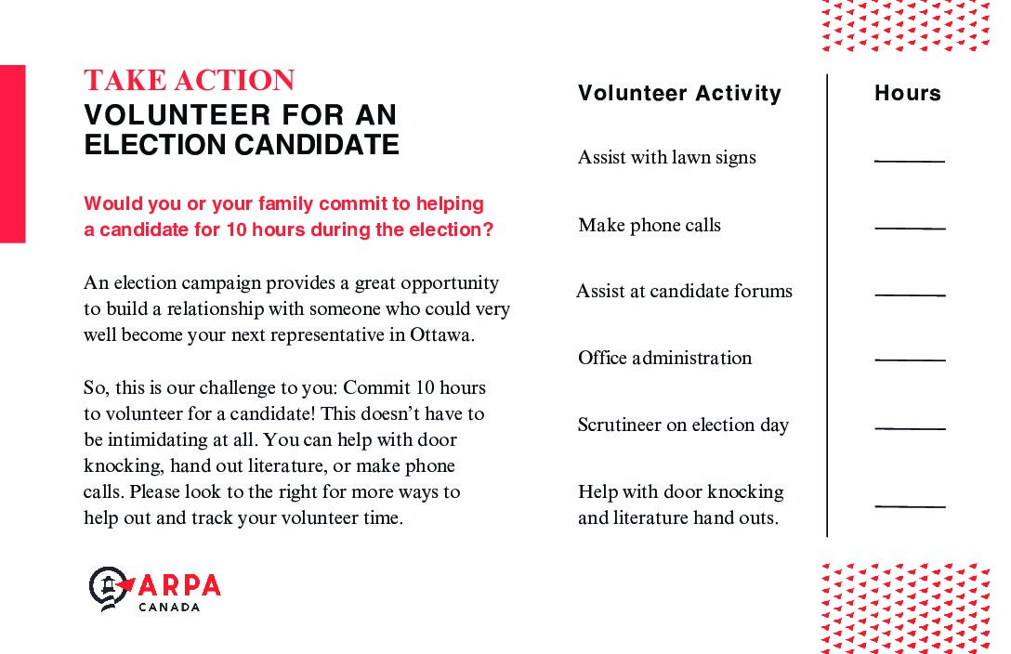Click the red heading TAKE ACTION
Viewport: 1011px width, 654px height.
point(190,81)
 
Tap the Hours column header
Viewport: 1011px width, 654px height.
point(907,93)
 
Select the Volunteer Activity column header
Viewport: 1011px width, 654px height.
point(679,93)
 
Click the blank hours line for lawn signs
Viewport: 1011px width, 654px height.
point(909,162)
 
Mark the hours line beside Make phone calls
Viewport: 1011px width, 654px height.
point(910,228)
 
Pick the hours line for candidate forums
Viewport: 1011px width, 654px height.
point(910,295)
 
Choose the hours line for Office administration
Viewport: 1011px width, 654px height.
point(910,360)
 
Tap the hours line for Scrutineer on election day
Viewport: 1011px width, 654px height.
point(910,428)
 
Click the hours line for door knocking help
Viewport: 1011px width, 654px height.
point(910,506)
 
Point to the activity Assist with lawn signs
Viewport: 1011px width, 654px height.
point(666,157)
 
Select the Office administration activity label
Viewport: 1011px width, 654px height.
point(664,358)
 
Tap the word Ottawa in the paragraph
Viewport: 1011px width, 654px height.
point(441,335)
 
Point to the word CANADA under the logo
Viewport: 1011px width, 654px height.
point(168,608)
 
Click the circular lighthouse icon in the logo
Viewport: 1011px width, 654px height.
point(108,587)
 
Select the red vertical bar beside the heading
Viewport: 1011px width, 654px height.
point(12,153)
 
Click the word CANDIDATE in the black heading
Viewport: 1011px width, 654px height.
point(315,145)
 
